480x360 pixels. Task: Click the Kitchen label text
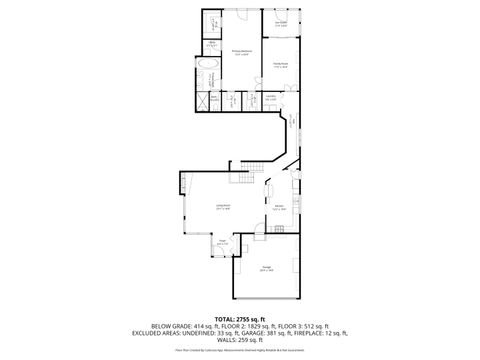280,208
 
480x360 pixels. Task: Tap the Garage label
267,268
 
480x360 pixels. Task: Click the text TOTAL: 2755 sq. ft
240,318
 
